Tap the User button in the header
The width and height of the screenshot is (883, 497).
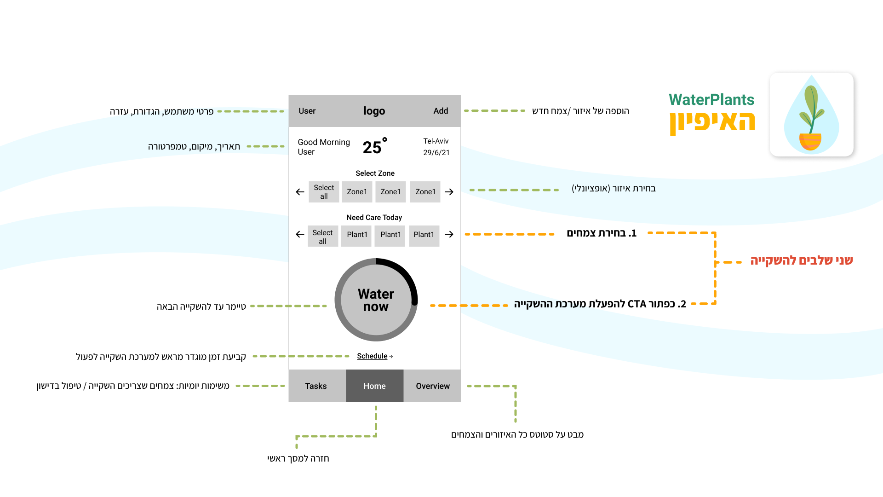pos(307,111)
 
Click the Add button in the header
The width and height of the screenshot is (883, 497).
pos(440,111)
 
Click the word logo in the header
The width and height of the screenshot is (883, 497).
pos(374,111)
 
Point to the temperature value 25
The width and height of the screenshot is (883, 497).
pos(373,147)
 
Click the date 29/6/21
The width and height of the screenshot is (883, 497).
pos(436,152)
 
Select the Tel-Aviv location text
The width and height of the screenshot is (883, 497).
pos(436,141)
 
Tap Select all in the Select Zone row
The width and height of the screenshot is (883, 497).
pos(324,192)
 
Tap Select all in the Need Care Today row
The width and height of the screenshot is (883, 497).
pos(323,237)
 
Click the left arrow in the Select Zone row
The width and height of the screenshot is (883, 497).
pos(300,192)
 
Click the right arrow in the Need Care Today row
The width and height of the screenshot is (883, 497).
pos(449,235)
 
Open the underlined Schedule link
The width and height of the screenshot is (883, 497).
pos(373,356)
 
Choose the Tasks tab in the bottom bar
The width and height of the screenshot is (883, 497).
pos(316,386)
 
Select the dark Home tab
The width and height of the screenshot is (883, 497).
pos(374,386)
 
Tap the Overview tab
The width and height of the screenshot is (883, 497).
pos(433,386)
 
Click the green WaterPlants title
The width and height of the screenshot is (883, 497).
pos(711,100)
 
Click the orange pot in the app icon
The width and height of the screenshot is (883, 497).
pos(810,141)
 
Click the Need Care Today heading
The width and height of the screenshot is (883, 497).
pos(374,218)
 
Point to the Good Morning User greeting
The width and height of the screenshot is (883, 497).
pos(323,147)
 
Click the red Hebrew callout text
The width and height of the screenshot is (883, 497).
pos(801,260)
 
